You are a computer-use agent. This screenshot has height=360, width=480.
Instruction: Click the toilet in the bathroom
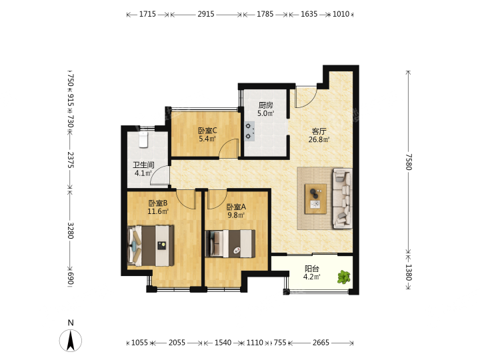point(143,139)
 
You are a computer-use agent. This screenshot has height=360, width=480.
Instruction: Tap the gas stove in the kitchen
point(249,131)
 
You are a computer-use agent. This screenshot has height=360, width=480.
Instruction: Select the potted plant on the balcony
point(344,277)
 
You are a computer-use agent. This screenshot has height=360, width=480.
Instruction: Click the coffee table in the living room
point(315,199)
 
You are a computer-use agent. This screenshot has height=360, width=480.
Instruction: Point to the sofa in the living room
point(342,199)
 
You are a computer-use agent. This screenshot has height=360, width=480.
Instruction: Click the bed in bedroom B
point(151,245)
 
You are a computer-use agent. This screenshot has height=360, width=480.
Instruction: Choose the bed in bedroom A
point(230,244)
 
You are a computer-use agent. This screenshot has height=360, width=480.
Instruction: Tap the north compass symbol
point(71,337)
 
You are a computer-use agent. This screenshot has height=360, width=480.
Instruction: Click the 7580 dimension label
point(409,161)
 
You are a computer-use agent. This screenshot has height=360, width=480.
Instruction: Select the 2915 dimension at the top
point(206,14)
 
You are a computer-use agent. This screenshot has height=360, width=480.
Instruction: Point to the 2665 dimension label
point(321,343)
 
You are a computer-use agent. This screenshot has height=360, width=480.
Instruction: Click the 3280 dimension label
point(71,231)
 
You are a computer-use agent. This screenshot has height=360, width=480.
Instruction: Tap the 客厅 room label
point(319,131)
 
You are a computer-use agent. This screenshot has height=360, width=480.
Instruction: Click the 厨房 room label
point(265,105)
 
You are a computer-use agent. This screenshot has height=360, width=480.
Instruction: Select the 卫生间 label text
point(143,165)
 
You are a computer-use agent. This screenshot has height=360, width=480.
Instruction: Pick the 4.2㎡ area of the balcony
point(311,277)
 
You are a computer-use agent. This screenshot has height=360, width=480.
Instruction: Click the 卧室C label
point(207,131)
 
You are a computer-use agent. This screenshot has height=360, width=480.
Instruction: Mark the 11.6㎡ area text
point(158,211)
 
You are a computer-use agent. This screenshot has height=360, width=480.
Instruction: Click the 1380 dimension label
point(409,273)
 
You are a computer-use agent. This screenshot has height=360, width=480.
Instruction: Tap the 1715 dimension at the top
point(147,14)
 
